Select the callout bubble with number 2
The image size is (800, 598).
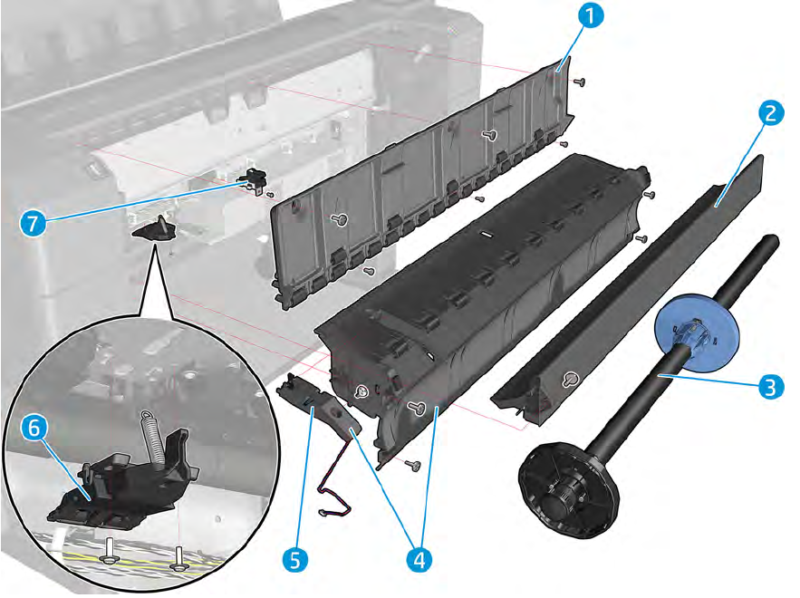click(769, 115)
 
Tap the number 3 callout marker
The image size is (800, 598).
click(769, 387)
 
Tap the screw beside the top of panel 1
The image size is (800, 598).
click(580, 82)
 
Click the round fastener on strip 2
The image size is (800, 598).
click(568, 379)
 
